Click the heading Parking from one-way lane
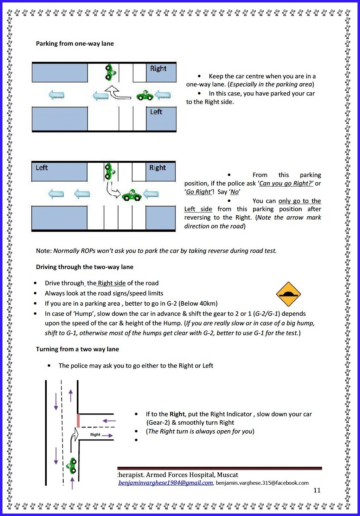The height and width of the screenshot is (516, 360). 75,44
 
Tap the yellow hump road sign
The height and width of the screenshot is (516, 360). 288,294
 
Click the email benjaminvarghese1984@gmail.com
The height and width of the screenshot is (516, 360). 166,483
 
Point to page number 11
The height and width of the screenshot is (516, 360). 317,490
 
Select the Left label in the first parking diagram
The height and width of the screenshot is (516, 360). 156,112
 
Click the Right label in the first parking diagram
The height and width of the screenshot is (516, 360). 158,68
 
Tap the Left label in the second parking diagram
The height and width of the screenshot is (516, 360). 41,168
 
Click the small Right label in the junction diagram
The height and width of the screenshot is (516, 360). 95,435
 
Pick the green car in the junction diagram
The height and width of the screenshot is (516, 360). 73,465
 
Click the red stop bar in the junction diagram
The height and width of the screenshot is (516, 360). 78,420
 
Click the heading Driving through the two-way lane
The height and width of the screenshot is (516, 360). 84,267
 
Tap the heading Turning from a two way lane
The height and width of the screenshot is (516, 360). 77,349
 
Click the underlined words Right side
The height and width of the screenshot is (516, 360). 111,283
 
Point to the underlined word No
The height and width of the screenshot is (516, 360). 234,192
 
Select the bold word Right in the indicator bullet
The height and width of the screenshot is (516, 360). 177,414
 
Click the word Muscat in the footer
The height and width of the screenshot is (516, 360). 227,475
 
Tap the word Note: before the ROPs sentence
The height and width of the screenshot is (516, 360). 44,251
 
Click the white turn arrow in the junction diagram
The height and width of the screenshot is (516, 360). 74,437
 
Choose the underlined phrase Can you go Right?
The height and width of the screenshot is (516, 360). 286,183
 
